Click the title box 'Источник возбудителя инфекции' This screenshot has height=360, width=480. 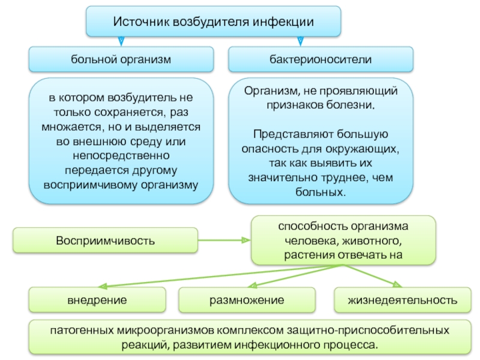point(214,22)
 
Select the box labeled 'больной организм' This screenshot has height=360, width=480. point(121,59)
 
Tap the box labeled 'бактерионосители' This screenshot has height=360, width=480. point(320,59)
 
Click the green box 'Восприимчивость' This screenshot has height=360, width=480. point(106,241)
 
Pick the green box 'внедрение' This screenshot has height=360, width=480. point(97,300)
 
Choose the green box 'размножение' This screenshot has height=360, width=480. point(247,300)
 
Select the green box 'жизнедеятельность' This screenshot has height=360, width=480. point(403,300)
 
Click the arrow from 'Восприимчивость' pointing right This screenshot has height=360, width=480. point(224,241)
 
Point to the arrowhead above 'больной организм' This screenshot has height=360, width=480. point(121,41)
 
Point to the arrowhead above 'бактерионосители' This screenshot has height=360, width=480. point(301,41)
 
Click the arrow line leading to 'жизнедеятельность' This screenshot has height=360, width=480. point(372,276)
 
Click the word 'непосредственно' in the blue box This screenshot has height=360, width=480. point(121,156)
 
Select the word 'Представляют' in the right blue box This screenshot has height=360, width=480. point(290,134)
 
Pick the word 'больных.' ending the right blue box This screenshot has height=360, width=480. point(320,192)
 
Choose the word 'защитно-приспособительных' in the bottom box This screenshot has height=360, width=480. point(368,331)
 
